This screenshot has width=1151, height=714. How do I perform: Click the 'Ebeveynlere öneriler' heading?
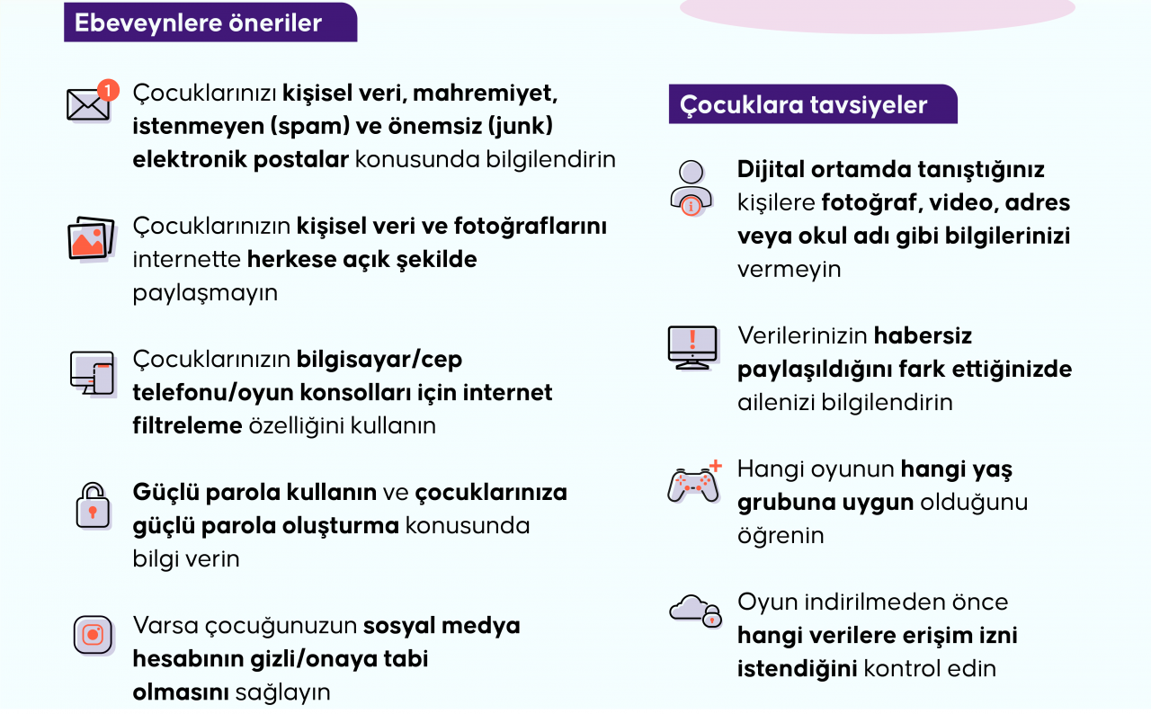pyautogui.click(x=198, y=22)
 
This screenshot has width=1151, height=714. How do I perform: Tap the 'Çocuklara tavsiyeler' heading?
pyautogui.click(x=803, y=105)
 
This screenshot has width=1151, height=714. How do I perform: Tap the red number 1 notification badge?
pyautogui.click(x=109, y=91)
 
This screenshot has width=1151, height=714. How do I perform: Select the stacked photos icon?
pyautogui.click(x=92, y=239)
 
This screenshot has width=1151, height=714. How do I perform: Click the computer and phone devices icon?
pyautogui.click(x=93, y=373)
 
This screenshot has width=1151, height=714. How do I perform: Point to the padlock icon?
pyautogui.click(x=93, y=506)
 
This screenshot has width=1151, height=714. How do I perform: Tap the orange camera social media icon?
pyautogui.click(x=93, y=636)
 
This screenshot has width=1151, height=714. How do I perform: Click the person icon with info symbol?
pyautogui.click(x=691, y=189)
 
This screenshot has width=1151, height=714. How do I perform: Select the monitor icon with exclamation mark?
pyautogui.click(x=692, y=348)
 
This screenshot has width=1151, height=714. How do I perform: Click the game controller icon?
pyautogui.click(x=693, y=486)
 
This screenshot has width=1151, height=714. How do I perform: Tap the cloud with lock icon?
pyautogui.click(x=696, y=611)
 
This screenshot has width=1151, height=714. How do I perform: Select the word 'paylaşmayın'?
pyautogui.click(x=205, y=293)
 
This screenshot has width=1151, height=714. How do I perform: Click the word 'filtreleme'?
pyautogui.click(x=188, y=425)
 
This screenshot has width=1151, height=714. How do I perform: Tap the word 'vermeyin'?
pyautogui.click(x=790, y=270)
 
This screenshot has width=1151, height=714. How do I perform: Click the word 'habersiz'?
pyautogui.click(x=923, y=335)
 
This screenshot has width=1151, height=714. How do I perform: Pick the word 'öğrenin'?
pyautogui.click(x=781, y=536)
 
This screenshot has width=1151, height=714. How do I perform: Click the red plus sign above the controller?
pyautogui.click(x=715, y=466)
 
